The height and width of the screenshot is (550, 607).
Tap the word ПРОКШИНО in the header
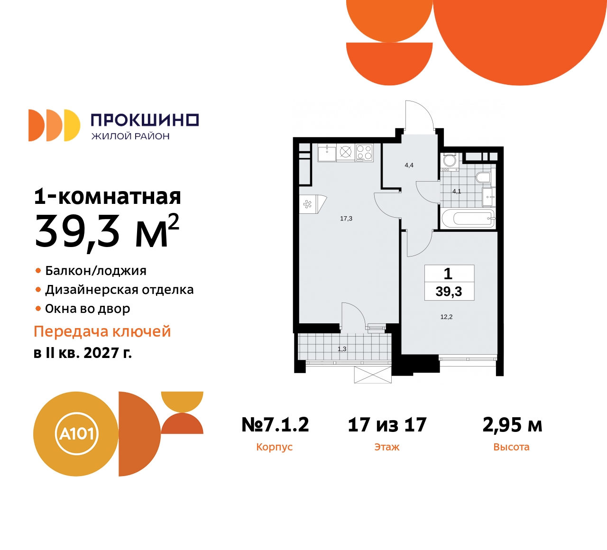[x=145, y=120]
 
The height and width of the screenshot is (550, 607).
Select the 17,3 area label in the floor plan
[x=346, y=219]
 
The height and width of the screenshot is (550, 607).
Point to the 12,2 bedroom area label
[x=446, y=317]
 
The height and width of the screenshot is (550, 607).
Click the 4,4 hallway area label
[x=409, y=165]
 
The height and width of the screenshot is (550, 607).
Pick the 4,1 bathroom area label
[x=457, y=192]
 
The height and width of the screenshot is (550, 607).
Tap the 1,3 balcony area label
[x=342, y=349]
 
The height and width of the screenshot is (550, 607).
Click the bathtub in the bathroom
[x=469, y=219]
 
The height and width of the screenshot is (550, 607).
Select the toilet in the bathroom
[x=483, y=178]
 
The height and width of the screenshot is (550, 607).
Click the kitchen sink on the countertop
[x=327, y=152]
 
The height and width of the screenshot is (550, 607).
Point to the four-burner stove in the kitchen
[x=364, y=152]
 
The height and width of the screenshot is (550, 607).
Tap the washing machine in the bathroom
[x=449, y=160]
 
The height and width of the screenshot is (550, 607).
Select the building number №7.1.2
[x=275, y=424]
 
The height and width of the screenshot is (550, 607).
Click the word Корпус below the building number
[x=274, y=447]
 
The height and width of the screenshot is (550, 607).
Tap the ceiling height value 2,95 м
[x=512, y=424]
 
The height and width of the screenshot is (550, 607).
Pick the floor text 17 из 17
[x=387, y=424]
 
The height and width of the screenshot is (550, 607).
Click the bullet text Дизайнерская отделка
[x=119, y=290]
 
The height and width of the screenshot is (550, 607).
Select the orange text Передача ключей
[x=102, y=331]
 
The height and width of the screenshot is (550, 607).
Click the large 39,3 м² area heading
[x=107, y=231]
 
